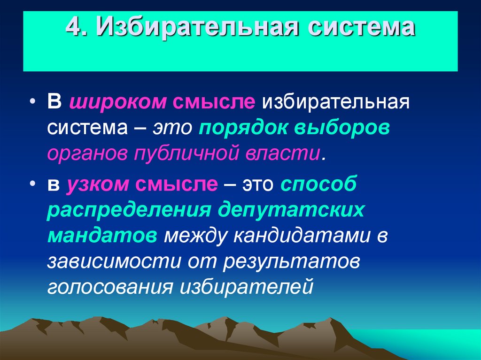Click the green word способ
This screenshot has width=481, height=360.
(x=319, y=184)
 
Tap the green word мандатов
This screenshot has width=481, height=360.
(x=102, y=235)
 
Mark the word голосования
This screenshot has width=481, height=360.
(x=109, y=286)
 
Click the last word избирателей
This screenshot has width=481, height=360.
(x=247, y=286)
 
